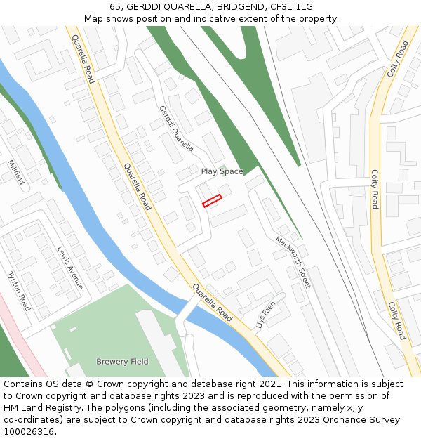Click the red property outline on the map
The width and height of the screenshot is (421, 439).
(x=212, y=200)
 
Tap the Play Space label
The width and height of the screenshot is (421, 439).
(x=222, y=171)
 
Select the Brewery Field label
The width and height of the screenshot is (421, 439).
(x=123, y=362)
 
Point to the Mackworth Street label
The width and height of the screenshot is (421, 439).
(x=293, y=262)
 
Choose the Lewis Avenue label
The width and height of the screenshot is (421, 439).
(x=70, y=268)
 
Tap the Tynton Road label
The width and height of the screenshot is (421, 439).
(x=19, y=291)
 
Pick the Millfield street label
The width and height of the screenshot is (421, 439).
(x=16, y=172)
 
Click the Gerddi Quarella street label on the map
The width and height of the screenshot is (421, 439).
(x=176, y=129)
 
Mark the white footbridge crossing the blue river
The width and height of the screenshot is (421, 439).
(x=188, y=308)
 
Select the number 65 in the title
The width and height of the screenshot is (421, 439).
(x=115, y=7)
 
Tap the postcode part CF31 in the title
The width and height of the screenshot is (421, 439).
(x=283, y=7)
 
